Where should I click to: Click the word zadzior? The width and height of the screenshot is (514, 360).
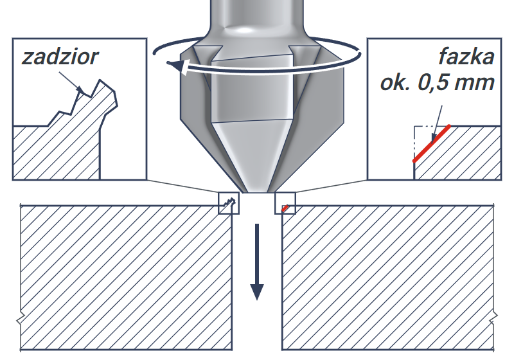(x=60, y=57)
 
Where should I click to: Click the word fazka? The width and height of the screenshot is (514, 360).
(x=466, y=57)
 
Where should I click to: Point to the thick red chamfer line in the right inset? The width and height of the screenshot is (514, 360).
(x=431, y=143)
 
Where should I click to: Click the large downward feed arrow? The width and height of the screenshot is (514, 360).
(x=257, y=262)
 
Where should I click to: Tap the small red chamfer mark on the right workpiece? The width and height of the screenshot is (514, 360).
(x=285, y=208)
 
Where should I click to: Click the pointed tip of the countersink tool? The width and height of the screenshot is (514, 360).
(x=257, y=192)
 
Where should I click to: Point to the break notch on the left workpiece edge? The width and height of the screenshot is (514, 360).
(x=21, y=319)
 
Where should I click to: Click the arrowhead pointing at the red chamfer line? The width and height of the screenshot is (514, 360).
(x=434, y=137)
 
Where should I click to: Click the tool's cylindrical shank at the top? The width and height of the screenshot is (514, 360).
(x=257, y=15)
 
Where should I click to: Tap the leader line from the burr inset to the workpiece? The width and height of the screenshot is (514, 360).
(x=183, y=186)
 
